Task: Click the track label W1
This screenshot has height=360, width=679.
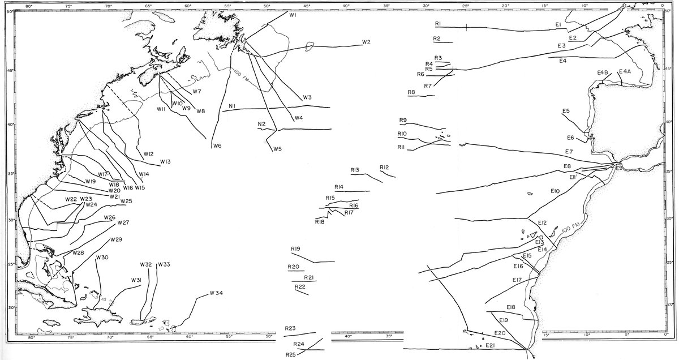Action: [x=293, y=16]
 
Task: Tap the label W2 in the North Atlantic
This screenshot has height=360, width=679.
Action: [x=366, y=42]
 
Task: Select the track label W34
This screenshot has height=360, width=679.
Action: [x=216, y=293]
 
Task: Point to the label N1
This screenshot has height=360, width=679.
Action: [x=233, y=106]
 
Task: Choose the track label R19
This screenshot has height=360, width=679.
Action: [x=295, y=249]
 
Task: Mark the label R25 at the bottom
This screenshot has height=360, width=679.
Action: [x=290, y=354]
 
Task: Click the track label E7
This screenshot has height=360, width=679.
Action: [x=569, y=152]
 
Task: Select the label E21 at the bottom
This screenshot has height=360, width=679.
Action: [x=490, y=345]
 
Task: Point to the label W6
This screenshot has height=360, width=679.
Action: [x=217, y=146]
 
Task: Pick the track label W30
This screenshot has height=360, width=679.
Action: [x=102, y=258]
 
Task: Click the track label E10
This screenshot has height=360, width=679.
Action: [x=555, y=192]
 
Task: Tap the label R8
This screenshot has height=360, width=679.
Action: [x=411, y=92]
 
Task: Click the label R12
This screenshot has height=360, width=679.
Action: [x=384, y=168]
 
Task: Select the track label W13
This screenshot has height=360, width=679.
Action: [x=165, y=162]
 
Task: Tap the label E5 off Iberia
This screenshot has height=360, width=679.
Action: [x=566, y=110]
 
